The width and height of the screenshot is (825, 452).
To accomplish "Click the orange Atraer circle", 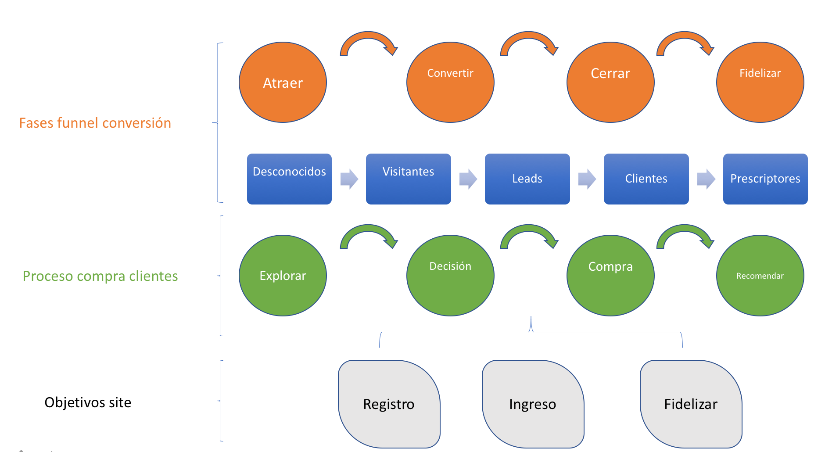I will click(x=283, y=83).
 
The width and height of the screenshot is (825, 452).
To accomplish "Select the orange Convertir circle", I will click(x=450, y=83).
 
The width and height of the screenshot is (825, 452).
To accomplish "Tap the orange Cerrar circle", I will click(x=610, y=83).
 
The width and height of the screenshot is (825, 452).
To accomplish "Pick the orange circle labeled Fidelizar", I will click(x=760, y=83).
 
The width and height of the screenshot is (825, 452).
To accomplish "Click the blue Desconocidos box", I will click(x=289, y=179).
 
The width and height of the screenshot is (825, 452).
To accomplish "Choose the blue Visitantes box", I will click(x=408, y=179).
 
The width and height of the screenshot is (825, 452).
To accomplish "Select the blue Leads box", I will click(x=527, y=179).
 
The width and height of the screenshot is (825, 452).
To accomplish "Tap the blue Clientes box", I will click(x=646, y=179).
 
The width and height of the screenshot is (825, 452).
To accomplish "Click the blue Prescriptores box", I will click(x=765, y=179).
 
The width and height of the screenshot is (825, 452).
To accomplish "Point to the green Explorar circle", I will click(x=283, y=276).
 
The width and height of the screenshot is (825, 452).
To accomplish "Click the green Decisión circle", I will click(x=450, y=276).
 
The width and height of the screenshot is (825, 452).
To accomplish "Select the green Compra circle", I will click(x=610, y=276).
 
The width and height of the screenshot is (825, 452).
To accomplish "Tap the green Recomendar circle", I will click(x=760, y=276).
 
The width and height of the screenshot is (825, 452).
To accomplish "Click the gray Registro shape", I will click(x=389, y=404).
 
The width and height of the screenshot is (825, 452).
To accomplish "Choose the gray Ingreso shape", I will click(x=533, y=404).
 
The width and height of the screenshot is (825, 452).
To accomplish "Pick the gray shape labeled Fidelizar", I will click(x=691, y=404).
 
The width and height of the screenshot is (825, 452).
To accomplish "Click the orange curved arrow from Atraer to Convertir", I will click(x=369, y=36).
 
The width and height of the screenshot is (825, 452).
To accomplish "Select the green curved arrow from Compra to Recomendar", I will click(x=685, y=229).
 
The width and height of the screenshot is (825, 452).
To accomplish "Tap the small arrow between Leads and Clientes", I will click(x=587, y=179).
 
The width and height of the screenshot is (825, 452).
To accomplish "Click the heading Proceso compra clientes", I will click(x=100, y=276).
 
